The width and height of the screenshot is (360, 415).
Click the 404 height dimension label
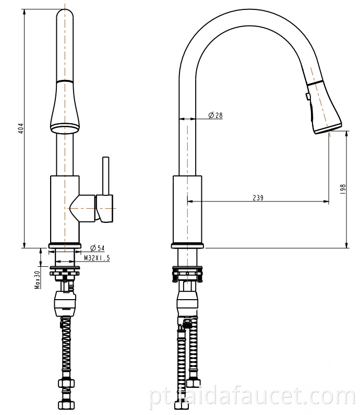coord(22,128)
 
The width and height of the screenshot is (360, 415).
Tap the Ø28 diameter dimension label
coord(215,115)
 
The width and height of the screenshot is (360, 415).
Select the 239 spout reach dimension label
coord(258,198)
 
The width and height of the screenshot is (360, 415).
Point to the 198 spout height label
coord(343,189)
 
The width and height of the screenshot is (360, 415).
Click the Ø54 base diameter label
coord(98,248)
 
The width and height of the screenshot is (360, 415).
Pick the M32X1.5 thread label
coord(97,258)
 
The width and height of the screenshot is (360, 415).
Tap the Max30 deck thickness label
coord(37,279)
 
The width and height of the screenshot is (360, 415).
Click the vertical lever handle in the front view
coord(106,176)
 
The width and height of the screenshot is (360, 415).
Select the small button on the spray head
coord(307,97)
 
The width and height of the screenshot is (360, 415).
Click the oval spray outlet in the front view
coord(65,128)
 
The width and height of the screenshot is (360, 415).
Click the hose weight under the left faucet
coord(65,303)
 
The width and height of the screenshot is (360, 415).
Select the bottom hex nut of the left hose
coord(66,405)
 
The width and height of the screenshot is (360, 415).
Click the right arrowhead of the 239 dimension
coord(327,201)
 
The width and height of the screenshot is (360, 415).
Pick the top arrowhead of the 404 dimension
coord(25,12)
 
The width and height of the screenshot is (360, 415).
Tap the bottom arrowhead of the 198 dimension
coord(346,245)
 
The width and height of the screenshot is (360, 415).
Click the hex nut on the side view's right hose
coord(194,383)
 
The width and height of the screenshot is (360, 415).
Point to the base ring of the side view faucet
coord(187,246)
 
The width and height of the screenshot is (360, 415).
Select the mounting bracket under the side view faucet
coord(187,274)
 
